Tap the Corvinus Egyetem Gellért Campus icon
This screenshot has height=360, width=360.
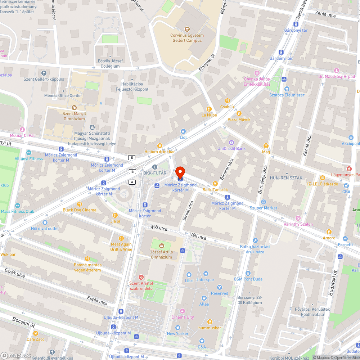click(187, 29)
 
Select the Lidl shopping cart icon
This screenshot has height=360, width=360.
click(183, 131)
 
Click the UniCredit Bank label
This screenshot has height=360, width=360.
click(231, 148)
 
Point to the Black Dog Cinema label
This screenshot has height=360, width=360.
click(80, 210)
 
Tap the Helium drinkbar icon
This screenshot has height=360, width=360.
click(159, 146)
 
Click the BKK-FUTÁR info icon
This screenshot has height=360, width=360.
click(155, 167)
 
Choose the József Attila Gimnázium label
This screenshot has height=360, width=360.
click(161, 255)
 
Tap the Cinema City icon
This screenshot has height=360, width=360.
click(182, 311)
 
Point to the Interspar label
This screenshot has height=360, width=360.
click(206, 280)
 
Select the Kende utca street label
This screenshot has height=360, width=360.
click(307, 145)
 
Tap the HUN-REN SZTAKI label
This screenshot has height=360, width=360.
click(287, 178)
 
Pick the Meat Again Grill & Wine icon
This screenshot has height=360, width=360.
click(121, 238)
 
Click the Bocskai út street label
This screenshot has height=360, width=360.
click(23, 322)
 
